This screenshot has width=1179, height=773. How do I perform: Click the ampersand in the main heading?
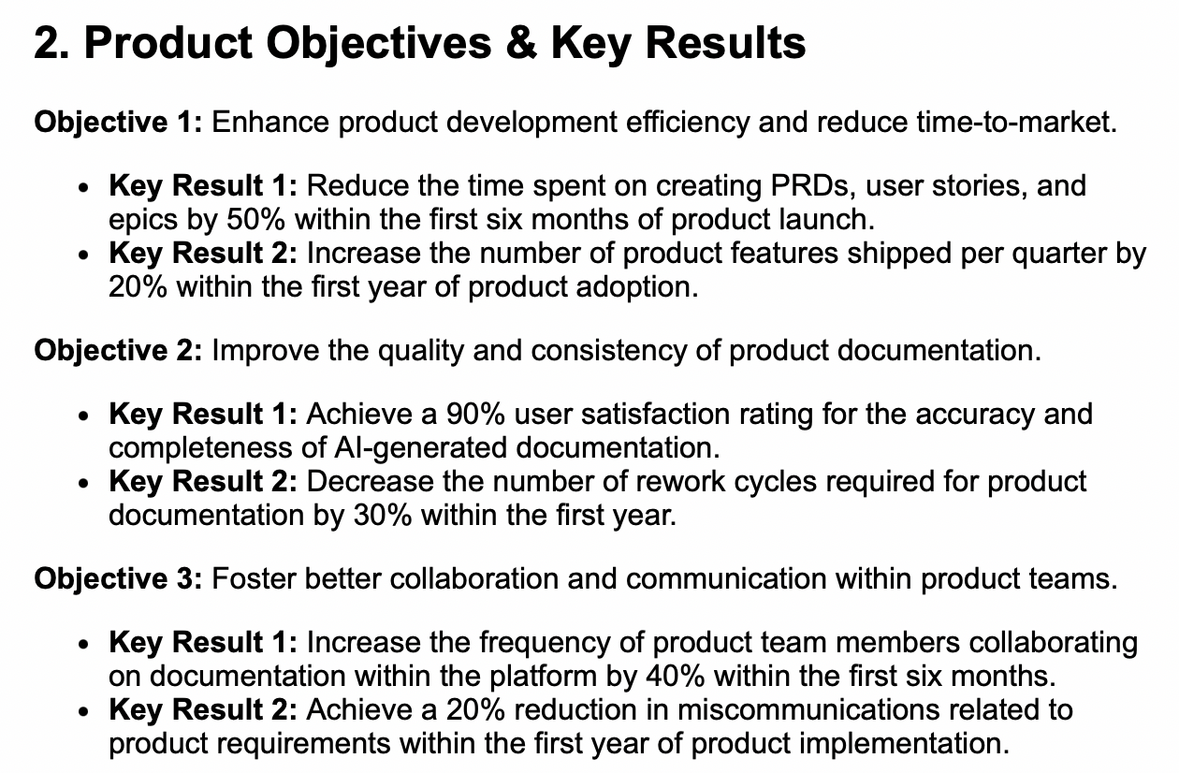point(521,43)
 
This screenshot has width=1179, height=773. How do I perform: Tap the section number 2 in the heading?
point(47,43)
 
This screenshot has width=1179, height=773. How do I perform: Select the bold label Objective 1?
point(119,124)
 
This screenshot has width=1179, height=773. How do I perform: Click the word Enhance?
point(270,123)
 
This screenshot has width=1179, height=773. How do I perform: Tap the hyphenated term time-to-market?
point(1017,123)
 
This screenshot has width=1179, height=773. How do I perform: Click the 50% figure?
point(255,220)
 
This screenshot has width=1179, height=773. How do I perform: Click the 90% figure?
point(475,415)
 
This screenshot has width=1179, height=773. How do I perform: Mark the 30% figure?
point(383,516)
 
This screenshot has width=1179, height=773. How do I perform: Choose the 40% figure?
point(676,676)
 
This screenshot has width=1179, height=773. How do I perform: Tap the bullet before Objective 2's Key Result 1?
point(83,416)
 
